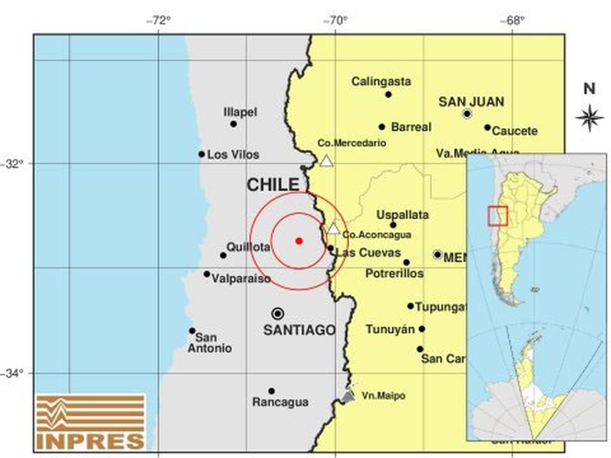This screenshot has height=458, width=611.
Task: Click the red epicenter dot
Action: [299, 241]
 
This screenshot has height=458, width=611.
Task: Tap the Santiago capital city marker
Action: [277, 313]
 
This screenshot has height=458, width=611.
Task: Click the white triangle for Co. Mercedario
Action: [326, 162]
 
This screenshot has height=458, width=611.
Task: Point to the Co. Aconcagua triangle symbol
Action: [334, 228]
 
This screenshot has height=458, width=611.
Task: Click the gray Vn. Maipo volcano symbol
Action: [348, 396]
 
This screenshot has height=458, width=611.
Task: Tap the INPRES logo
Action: [91, 422]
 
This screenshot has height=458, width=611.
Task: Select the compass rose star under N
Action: [589, 118]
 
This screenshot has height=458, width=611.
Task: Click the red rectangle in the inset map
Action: [497, 215]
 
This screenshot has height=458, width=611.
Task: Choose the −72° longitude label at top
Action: [158, 21]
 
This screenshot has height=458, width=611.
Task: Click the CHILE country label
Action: [273, 185]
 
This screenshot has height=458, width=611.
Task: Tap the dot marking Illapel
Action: [233, 124]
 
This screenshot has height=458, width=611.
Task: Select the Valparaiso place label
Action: [241, 279]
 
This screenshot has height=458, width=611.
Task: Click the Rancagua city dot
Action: [271, 391]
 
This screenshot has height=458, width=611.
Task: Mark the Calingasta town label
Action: [381, 81]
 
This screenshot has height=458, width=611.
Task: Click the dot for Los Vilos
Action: [202, 154]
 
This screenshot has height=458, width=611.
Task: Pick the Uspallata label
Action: [402, 215]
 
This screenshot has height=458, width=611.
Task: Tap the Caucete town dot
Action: [487, 127]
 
